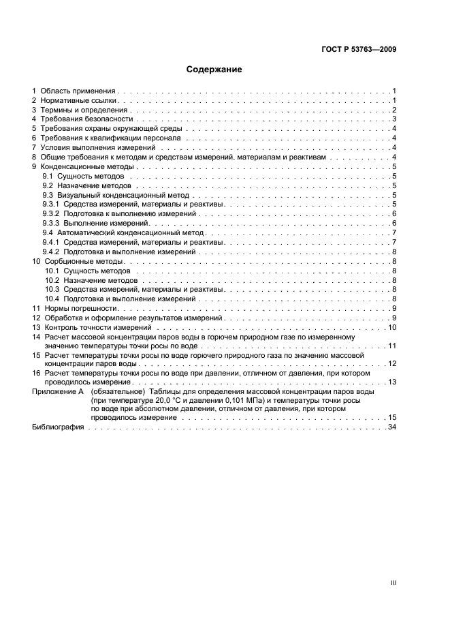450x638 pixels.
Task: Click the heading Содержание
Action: pos(214,70)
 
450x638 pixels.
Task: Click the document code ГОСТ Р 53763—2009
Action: pos(359,49)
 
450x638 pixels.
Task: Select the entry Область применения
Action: pos(78,91)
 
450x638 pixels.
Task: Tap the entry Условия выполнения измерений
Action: pos(97,147)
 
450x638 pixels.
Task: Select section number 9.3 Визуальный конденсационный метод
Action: pos(48,195)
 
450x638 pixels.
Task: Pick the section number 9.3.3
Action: pos(51,223)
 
